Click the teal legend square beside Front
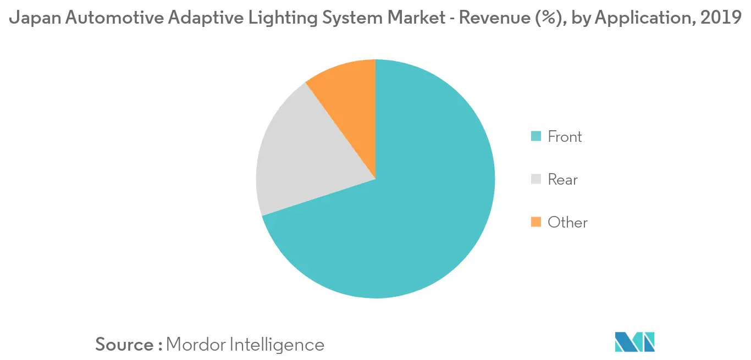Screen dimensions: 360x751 click(536, 136)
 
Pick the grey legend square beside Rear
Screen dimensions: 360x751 click(536, 179)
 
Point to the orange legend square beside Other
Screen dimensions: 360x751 click(536, 222)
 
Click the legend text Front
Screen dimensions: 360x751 click(565, 136)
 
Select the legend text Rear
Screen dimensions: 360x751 click(563, 179)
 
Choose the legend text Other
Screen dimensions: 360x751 click(568, 222)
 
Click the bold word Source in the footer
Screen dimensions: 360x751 click(124, 345)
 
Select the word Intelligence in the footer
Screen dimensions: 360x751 click(277, 345)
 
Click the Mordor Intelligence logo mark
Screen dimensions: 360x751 click(635, 342)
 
